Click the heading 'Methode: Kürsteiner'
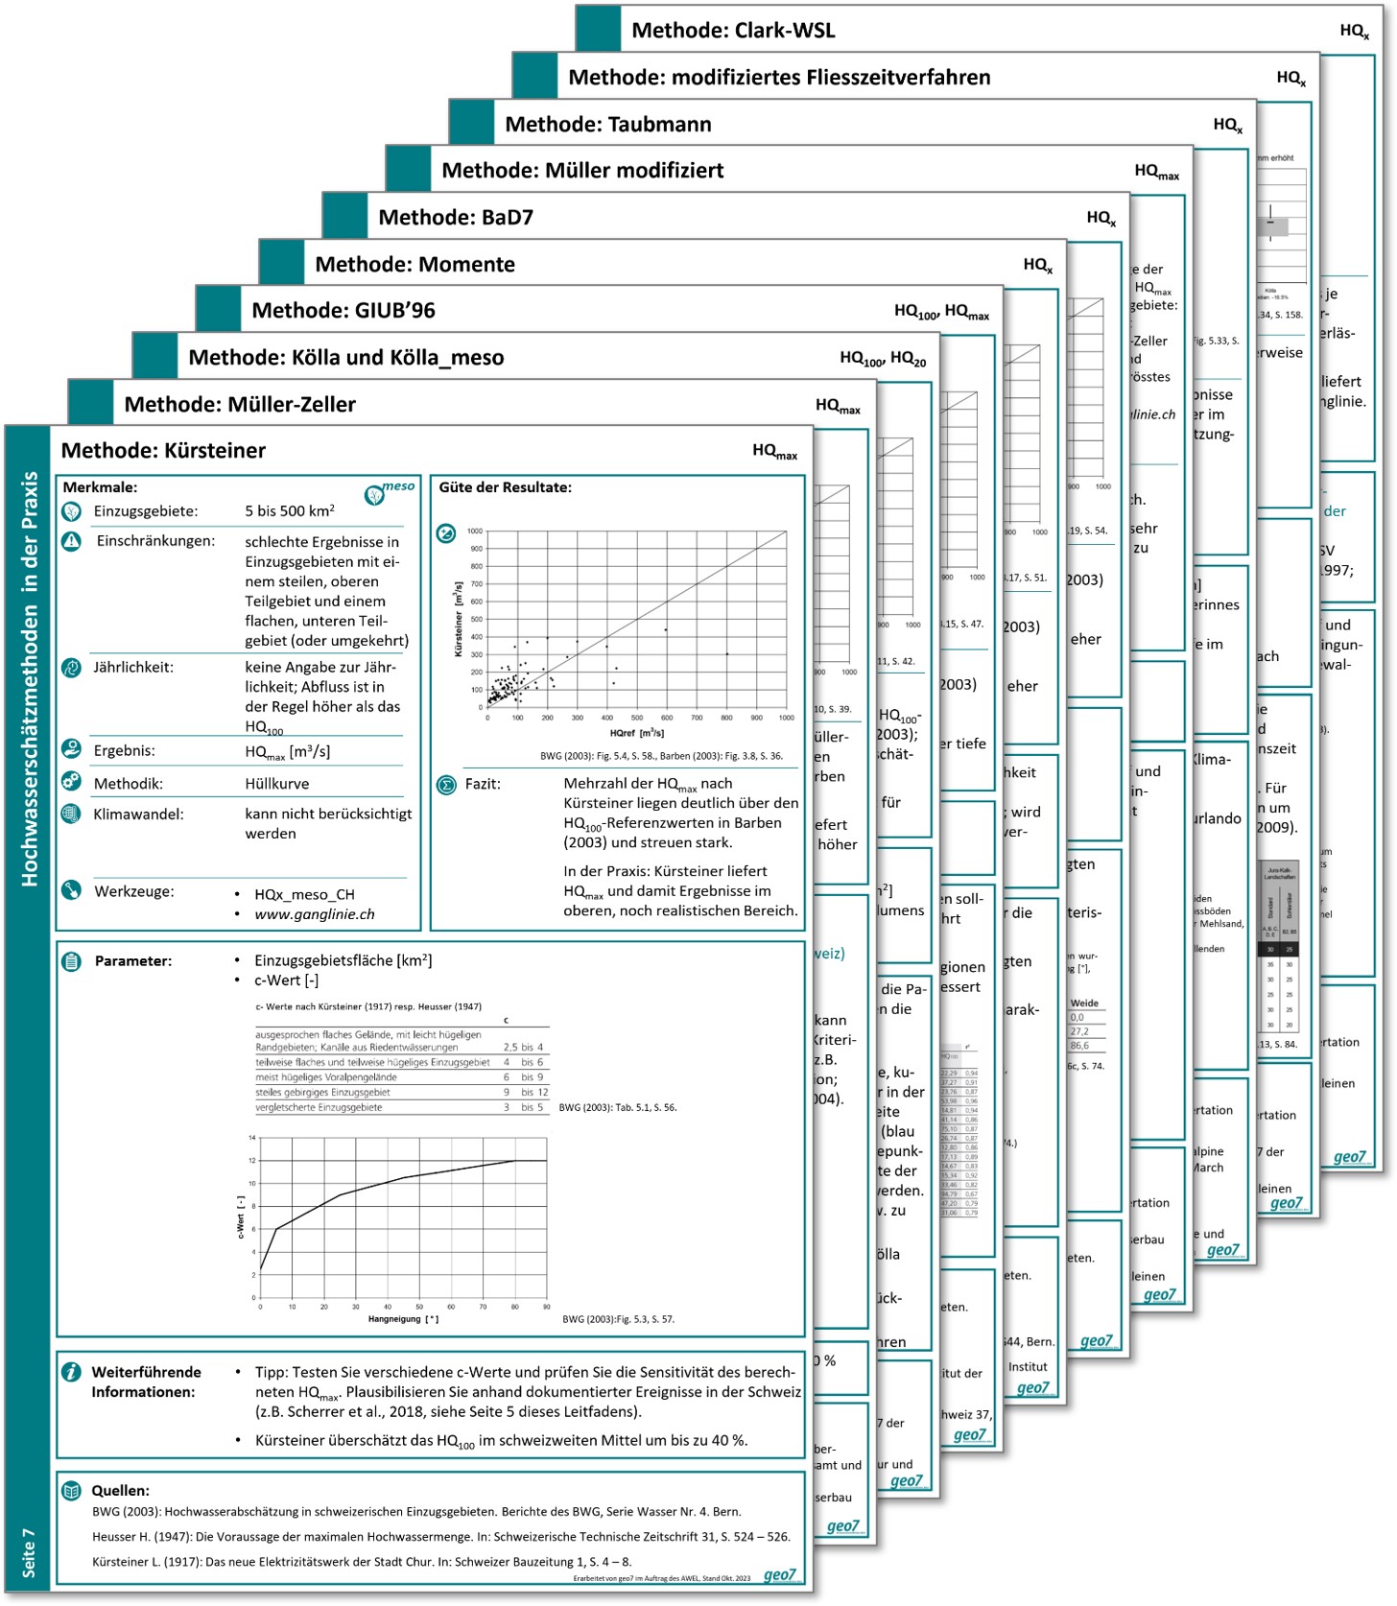click(x=163, y=451)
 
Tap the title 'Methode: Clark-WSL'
click(x=733, y=31)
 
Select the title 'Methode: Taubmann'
click(x=607, y=125)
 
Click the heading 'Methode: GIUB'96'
click(x=343, y=311)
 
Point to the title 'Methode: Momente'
click(x=414, y=265)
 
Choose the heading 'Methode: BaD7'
click(x=455, y=218)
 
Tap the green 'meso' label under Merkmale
click(x=398, y=486)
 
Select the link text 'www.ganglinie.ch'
click(x=314, y=914)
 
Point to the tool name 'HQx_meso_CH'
click(x=304, y=894)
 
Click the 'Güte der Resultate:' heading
click(x=505, y=487)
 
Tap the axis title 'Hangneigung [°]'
click(x=403, y=1319)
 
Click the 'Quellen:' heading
click(x=120, y=1490)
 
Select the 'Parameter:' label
click(x=132, y=960)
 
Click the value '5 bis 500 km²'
click(x=289, y=511)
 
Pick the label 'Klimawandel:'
click(x=138, y=815)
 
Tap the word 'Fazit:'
click(x=483, y=784)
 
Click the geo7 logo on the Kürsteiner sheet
click(x=780, y=1575)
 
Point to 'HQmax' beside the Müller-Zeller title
click(x=838, y=406)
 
